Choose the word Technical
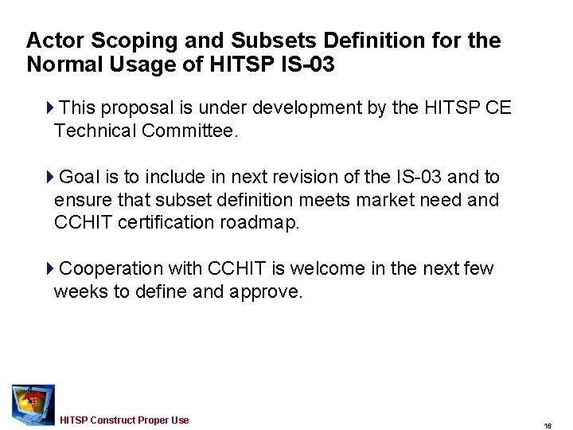[95, 131]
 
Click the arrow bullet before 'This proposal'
[50, 107]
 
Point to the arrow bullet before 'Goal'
[50, 177]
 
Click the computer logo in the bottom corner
[33, 405]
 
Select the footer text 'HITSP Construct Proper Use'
[124, 420]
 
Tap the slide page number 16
[548, 426]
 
